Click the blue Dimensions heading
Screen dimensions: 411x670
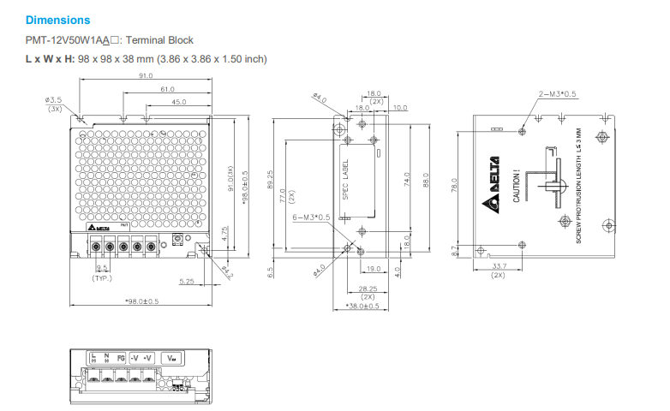pyautogui.click(x=57, y=20)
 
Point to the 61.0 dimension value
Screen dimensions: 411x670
pyautogui.click(x=167, y=89)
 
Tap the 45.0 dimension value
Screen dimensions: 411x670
pyautogui.click(x=178, y=102)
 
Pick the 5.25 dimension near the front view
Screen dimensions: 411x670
pyautogui.click(x=187, y=281)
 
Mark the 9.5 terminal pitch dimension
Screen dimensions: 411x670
pyautogui.click(x=102, y=269)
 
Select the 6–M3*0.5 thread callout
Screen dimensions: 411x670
pyautogui.click(x=311, y=217)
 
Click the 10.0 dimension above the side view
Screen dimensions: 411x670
pyautogui.click(x=400, y=107)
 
